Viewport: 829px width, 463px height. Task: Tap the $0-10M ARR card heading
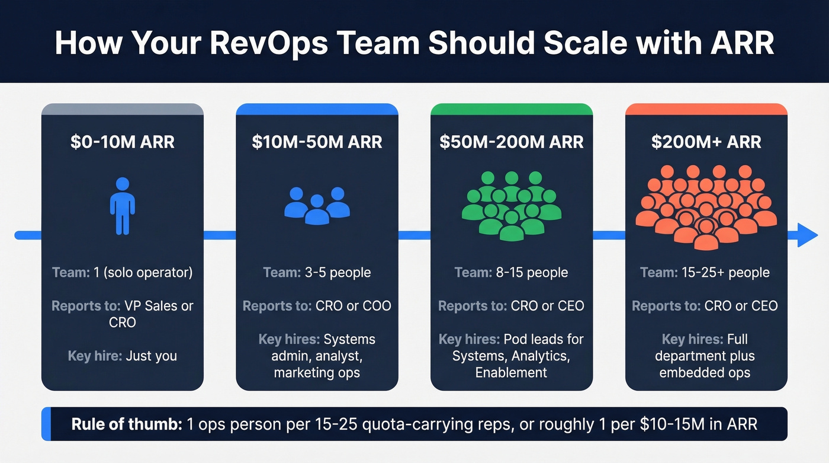(122, 142)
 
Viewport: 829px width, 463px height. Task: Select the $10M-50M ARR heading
(317, 142)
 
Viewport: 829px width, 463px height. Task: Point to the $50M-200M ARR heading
(512, 142)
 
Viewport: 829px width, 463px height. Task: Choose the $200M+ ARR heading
(706, 142)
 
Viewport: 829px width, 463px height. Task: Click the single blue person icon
(122, 205)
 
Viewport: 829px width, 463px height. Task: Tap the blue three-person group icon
(317, 205)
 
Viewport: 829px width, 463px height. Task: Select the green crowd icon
(512, 205)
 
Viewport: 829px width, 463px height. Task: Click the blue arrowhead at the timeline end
(806, 235)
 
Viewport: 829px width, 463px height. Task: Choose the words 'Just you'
(152, 356)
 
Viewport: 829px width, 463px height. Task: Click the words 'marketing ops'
(317, 373)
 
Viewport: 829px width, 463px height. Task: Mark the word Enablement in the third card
(511, 373)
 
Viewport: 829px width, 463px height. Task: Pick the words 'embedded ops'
(705, 373)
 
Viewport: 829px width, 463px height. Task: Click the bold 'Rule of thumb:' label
(126, 424)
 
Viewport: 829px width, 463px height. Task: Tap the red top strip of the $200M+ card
(706, 109)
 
